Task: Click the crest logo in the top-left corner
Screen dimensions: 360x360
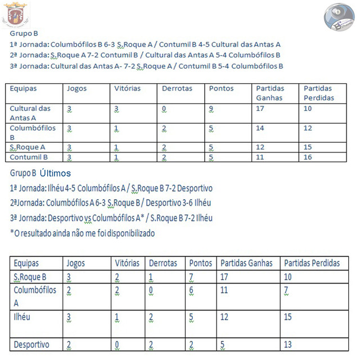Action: tap(16, 14)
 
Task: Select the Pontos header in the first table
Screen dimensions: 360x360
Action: tap(221, 88)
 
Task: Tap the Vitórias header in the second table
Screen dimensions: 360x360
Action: tap(127, 263)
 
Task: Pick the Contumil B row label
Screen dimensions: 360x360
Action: tap(29, 157)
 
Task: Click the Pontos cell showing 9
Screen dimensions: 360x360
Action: tap(211, 109)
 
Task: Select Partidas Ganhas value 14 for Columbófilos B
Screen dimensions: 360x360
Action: tap(260, 128)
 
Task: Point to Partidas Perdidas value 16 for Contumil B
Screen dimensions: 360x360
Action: tap(308, 157)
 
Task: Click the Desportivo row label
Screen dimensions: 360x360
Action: tap(31, 344)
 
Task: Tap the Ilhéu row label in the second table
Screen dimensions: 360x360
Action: tap(22, 317)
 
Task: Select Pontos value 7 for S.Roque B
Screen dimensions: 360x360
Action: tap(192, 277)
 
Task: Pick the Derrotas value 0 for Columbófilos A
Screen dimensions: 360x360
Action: tap(151, 290)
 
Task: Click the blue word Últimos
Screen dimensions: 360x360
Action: tap(56, 173)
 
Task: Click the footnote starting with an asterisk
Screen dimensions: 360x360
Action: tap(82, 232)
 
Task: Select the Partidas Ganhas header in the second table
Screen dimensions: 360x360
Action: tap(246, 263)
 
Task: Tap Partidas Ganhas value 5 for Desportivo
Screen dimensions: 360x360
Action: tap(222, 344)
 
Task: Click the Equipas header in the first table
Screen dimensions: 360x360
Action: tap(24, 88)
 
